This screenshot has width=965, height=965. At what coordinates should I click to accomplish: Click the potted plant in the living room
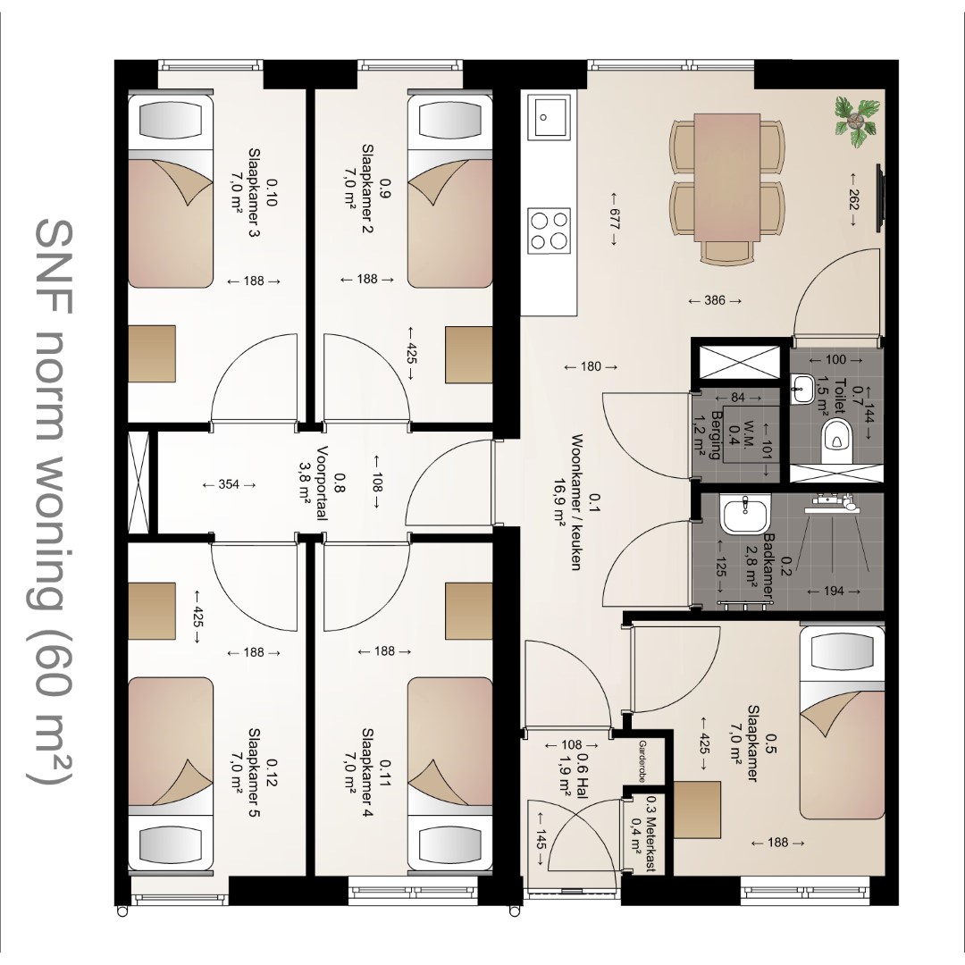855,122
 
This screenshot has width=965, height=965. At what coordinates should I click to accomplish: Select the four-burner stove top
550,230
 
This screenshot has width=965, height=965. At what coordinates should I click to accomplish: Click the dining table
726,177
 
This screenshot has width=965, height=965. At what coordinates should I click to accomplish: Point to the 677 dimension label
614,219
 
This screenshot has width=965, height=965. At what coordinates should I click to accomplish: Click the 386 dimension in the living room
715,301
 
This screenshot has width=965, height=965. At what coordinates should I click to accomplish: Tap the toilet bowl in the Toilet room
837,439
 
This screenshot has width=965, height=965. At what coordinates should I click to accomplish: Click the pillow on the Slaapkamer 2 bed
450,120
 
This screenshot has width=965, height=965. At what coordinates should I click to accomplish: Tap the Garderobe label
642,761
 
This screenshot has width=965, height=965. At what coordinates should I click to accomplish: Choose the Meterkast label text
651,834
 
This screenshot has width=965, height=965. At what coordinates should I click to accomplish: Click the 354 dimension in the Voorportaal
229,484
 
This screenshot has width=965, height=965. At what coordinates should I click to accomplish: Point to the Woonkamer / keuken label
576,501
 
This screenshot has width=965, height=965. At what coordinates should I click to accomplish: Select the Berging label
716,435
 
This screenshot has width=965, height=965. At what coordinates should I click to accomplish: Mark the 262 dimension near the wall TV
853,199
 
